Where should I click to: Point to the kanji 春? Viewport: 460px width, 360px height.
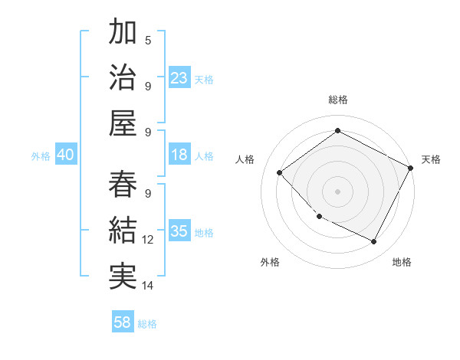pyautogui.click(x=123, y=184)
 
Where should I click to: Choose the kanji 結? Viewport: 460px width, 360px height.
pyautogui.click(x=123, y=230)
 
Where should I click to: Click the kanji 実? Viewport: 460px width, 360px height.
pyautogui.click(x=123, y=276)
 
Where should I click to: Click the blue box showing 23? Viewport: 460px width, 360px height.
pyautogui.click(x=179, y=77)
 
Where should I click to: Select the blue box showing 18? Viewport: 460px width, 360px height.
pyautogui.click(x=179, y=155)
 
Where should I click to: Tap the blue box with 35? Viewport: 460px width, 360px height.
pyautogui.click(x=179, y=231)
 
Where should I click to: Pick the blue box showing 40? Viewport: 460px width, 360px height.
pyautogui.click(x=65, y=155)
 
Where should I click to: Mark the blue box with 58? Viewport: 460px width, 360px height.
pyautogui.click(x=123, y=322)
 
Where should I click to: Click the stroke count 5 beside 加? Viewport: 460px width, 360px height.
pyautogui.click(x=148, y=40)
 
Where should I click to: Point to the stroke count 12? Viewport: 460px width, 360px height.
pyautogui.click(x=148, y=240)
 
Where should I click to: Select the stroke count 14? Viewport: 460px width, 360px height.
pyautogui.click(x=148, y=286)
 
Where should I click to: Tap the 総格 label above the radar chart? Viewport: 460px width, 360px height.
pyautogui.click(x=337, y=100)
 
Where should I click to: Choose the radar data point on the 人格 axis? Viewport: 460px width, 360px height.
pyautogui.click(x=280, y=173)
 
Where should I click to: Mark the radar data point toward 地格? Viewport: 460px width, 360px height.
pyautogui.click(x=374, y=242)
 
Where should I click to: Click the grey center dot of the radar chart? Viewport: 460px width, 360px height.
pyautogui.click(x=337, y=191)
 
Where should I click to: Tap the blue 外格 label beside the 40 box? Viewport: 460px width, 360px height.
pyautogui.click(x=41, y=155)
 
